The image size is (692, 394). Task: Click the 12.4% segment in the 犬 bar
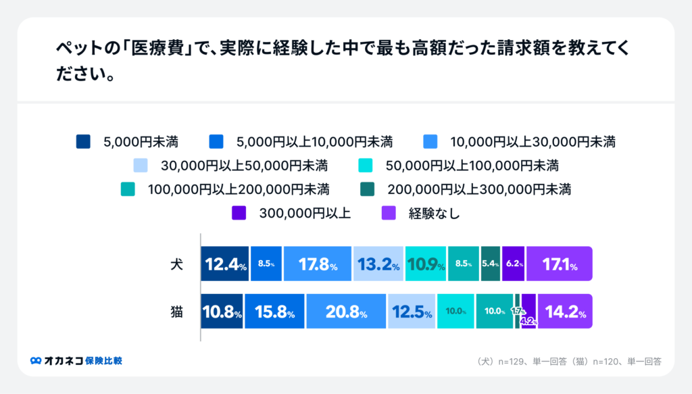(x=224, y=264)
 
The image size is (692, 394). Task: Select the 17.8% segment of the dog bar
(x=318, y=264)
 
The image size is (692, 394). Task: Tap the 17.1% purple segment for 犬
(x=559, y=264)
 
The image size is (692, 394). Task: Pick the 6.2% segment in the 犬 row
(x=514, y=264)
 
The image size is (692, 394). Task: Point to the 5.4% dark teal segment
(x=491, y=264)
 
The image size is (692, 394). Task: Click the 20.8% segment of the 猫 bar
(x=346, y=312)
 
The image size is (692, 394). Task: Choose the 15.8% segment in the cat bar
(x=274, y=312)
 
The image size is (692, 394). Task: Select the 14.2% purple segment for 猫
(x=564, y=312)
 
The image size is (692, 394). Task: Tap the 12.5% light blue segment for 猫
(x=412, y=312)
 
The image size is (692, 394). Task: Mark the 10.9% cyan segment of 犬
(x=425, y=264)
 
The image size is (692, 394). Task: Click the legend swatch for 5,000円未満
(x=83, y=142)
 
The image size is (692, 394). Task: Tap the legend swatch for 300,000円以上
(x=239, y=213)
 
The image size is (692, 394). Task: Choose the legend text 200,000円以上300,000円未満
(x=479, y=189)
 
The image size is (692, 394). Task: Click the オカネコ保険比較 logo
(x=76, y=361)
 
